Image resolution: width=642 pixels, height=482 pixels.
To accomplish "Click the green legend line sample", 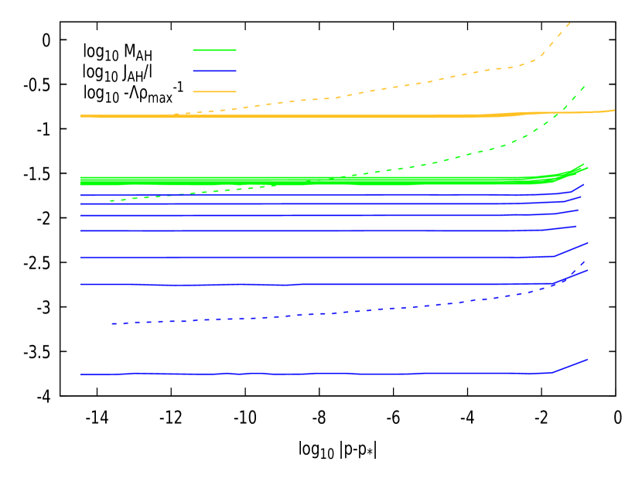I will pos(214,50).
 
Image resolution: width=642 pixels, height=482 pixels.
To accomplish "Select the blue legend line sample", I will pos(214,71).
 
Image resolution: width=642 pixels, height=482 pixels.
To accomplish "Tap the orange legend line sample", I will pos(214,92).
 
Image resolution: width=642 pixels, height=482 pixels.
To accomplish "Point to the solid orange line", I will pos(309,117).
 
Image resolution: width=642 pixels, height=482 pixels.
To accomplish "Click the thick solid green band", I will pos(232,181).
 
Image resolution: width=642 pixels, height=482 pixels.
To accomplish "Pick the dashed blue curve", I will pos(348,312).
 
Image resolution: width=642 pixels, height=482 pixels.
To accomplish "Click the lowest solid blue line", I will pos(309,374).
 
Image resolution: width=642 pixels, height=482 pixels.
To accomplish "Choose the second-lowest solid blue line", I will pos(309,284).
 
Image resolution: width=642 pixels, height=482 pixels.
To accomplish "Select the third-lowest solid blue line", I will pos(309,257).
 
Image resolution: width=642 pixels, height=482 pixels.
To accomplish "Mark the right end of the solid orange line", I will pos(615,110).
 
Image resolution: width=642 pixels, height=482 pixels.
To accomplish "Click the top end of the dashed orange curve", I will pos(571,22).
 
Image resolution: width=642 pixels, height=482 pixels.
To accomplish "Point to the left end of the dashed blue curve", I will pos(112,323).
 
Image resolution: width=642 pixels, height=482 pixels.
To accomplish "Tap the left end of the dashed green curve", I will pos(111,201).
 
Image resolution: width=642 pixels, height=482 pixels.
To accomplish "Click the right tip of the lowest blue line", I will pos(588,360).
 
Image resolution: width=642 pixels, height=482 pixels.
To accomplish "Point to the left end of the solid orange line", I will pos(81,116).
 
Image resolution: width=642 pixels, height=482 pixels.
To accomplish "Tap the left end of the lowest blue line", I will pos(81,374).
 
